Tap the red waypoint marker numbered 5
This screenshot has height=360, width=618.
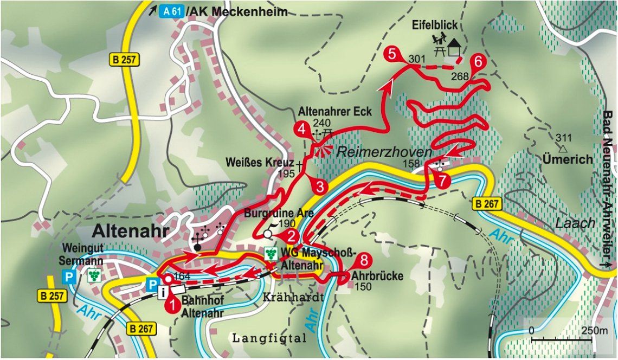[393, 54]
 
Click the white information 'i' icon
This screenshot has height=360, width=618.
[162, 293]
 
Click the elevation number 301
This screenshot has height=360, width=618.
[416, 59]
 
